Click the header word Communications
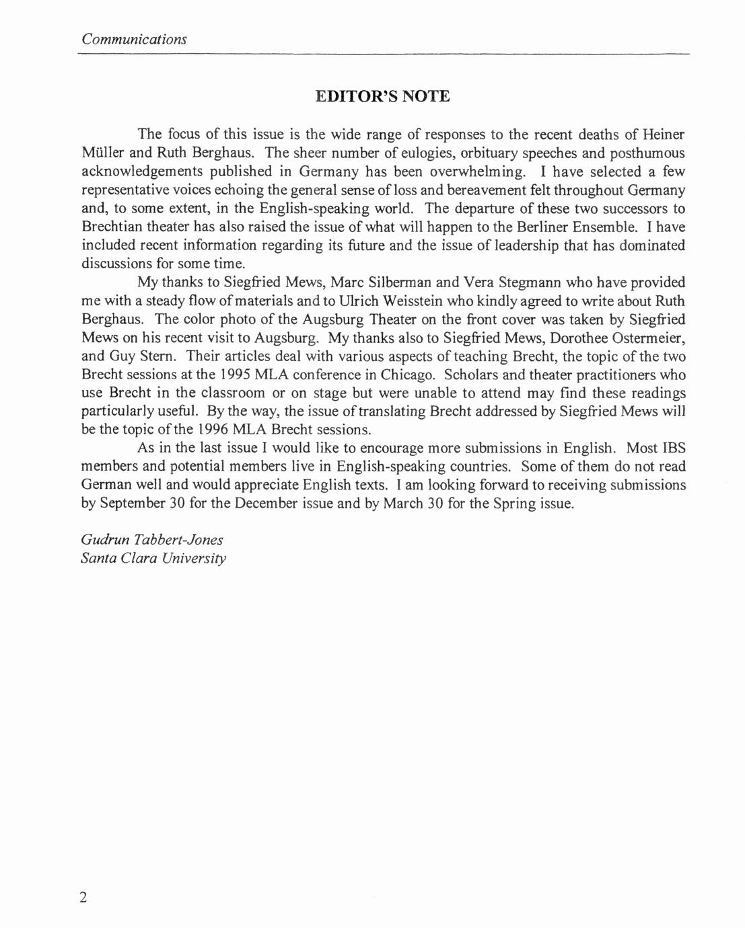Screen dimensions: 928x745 [x=134, y=39]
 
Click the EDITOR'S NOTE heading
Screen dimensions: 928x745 [x=382, y=96]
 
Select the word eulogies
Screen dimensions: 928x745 [x=426, y=153]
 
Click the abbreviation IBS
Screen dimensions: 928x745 [x=674, y=449]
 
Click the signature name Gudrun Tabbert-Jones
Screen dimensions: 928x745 [x=152, y=540]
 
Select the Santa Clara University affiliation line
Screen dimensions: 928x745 [x=153, y=558]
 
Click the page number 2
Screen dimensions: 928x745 [x=83, y=898]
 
